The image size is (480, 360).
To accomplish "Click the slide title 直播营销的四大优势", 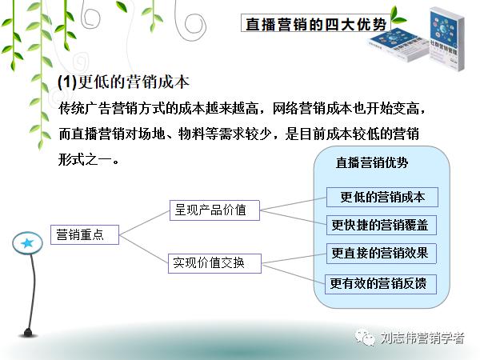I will pyautogui.click(x=315, y=25).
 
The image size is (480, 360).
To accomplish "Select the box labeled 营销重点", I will pyautogui.click(x=84, y=235).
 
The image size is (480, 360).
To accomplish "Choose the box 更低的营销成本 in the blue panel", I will pyautogui.click(x=382, y=198).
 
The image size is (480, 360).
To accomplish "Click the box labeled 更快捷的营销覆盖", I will pyautogui.click(x=382, y=225).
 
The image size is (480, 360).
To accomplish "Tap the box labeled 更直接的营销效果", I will pyautogui.click(x=382, y=254).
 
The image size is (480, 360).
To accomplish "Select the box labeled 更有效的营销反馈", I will pyautogui.click(x=382, y=282).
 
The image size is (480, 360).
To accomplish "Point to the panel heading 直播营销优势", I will pyautogui.click(x=371, y=162).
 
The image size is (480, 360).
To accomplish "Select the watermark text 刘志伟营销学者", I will pyautogui.click(x=422, y=338).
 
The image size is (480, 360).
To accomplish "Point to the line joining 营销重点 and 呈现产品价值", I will pyautogui.click(x=144, y=223).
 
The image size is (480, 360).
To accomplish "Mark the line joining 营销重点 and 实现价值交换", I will pyautogui.click(x=144, y=248).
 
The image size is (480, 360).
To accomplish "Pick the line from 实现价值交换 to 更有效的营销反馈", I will pyautogui.click(x=293, y=271).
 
